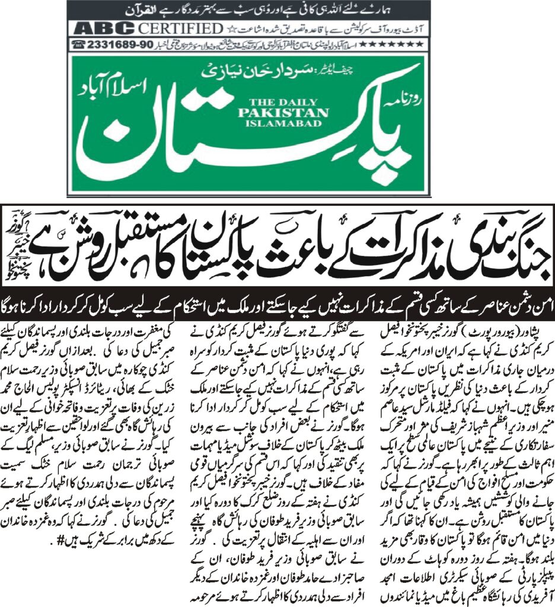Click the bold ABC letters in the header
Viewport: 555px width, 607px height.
pyautogui.click(x=98, y=28)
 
